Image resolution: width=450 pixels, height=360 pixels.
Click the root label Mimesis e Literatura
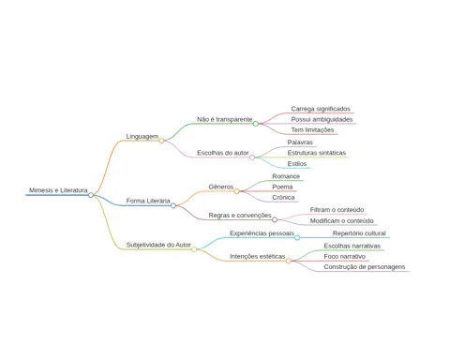[58, 190]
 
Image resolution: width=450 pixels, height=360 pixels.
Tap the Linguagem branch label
[142, 136]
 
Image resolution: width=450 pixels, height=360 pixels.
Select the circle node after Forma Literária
[173, 205]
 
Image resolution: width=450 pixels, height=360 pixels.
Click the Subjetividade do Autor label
[158, 245]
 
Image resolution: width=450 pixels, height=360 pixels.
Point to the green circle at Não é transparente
[256, 124]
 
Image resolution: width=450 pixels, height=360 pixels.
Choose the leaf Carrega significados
[321, 109]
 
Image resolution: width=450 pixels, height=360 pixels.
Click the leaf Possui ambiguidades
[322, 119]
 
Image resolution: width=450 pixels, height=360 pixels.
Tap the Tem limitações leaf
[312, 129]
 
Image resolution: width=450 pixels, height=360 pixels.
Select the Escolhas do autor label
[223, 153]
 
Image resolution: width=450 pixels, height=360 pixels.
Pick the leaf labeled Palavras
[300, 142]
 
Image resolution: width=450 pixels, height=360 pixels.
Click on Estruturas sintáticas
[317, 153]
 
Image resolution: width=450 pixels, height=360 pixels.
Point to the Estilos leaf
[297, 164]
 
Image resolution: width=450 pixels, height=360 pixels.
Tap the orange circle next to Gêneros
[236, 191]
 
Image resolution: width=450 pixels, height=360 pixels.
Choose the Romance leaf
[286, 176]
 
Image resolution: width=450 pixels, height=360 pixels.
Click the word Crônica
[283, 197]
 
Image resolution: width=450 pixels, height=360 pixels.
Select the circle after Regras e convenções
[275, 219]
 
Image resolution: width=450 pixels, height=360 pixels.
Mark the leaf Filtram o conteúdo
[337, 210]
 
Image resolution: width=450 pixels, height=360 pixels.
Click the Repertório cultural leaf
[359, 233]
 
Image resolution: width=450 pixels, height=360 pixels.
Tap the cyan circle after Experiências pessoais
[297, 238]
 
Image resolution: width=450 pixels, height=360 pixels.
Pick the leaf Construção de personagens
[365, 267]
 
